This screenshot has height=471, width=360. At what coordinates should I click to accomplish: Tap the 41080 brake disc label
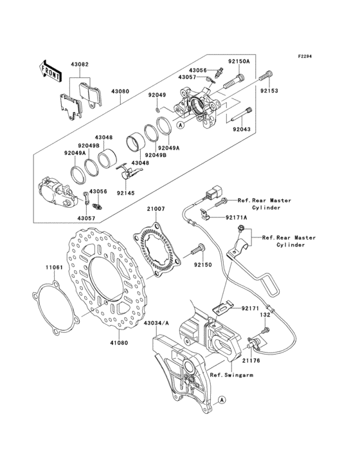point(118,343)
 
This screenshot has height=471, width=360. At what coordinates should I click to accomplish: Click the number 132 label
point(264,315)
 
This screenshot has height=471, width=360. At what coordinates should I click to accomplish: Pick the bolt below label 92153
point(264,79)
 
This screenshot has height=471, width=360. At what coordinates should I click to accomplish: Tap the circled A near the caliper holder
point(222,400)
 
